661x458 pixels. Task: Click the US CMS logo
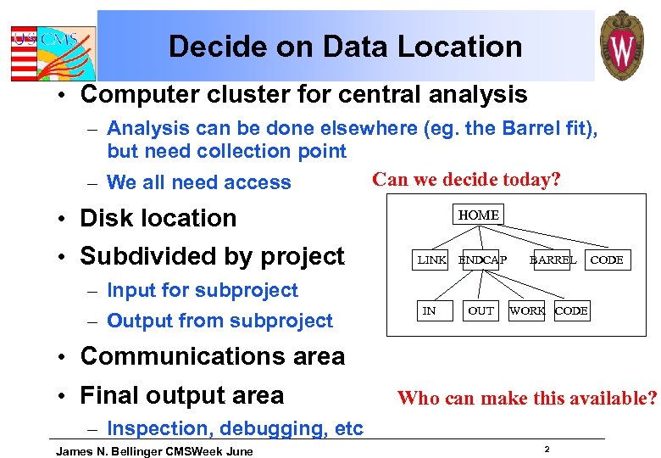pyautogui.click(x=53, y=48)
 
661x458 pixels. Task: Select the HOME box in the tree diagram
pyautogui.click(x=479, y=215)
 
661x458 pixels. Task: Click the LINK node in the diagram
pyautogui.click(x=431, y=260)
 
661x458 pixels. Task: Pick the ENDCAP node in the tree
pyautogui.click(x=482, y=260)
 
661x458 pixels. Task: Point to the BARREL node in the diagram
pyautogui.click(x=553, y=260)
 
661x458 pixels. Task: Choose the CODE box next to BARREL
pyautogui.click(x=607, y=260)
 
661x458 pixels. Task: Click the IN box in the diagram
pyautogui.click(x=430, y=311)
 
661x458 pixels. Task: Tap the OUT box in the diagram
pyautogui.click(x=480, y=311)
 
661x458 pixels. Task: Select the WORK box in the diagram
pyautogui.click(x=527, y=311)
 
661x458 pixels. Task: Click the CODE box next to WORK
pyautogui.click(x=571, y=311)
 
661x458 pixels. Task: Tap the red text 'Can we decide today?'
pyautogui.click(x=467, y=179)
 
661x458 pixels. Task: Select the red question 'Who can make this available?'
pyautogui.click(x=527, y=398)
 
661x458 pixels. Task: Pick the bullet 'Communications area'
pyautogui.click(x=212, y=356)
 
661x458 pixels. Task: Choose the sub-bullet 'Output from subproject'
pyautogui.click(x=220, y=321)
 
